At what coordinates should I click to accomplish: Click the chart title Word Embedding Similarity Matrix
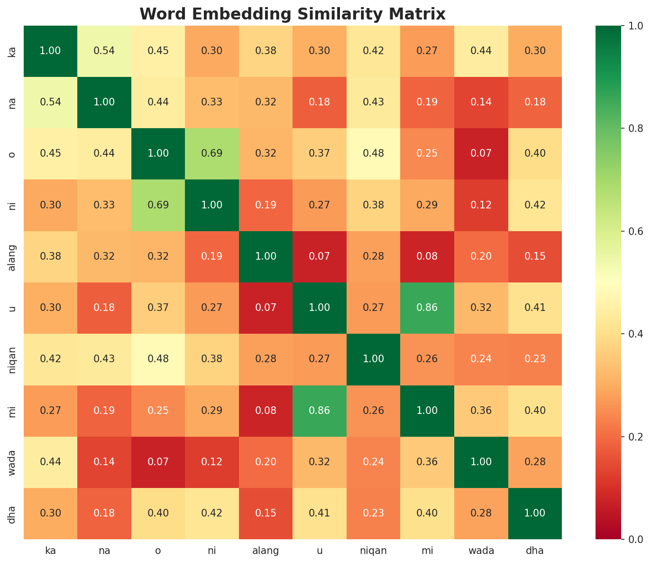click(293, 14)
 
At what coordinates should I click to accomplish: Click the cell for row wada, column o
click(158, 462)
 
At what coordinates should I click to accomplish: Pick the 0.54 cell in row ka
click(104, 51)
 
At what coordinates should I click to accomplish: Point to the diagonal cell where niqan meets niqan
click(374, 359)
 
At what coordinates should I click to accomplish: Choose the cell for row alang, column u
click(320, 256)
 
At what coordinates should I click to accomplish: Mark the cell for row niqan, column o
click(158, 359)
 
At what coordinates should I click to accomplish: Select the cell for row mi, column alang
click(266, 411)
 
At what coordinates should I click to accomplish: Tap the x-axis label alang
click(266, 551)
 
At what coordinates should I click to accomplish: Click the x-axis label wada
click(481, 551)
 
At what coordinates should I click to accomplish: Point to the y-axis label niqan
click(13, 359)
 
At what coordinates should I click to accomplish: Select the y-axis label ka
click(13, 51)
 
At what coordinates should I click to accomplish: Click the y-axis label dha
click(13, 513)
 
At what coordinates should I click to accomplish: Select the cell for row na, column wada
click(481, 102)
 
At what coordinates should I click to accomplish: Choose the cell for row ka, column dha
click(535, 51)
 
